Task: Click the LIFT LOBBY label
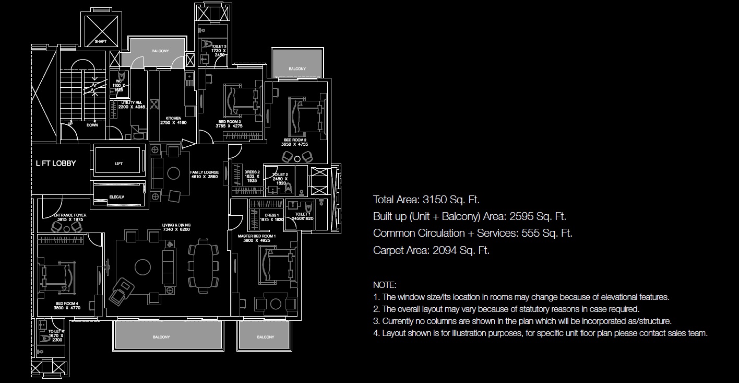[x=56, y=163]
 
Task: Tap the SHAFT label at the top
[x=101, y=41]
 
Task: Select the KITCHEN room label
[x=173, y=118]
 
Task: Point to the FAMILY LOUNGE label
[x=204, y=172]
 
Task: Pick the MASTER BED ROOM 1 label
[x=257, y=236]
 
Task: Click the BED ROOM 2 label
[x=295, y=140]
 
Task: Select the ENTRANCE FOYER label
[x=70, y=215]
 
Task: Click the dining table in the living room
[x=201, y=263]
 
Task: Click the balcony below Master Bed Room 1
[x=265, y=336]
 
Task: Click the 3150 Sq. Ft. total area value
[x=449, y=200]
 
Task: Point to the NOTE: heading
[x=385, y=285]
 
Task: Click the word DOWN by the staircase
[x=92, y=125]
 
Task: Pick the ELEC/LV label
[x=116, y=197]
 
